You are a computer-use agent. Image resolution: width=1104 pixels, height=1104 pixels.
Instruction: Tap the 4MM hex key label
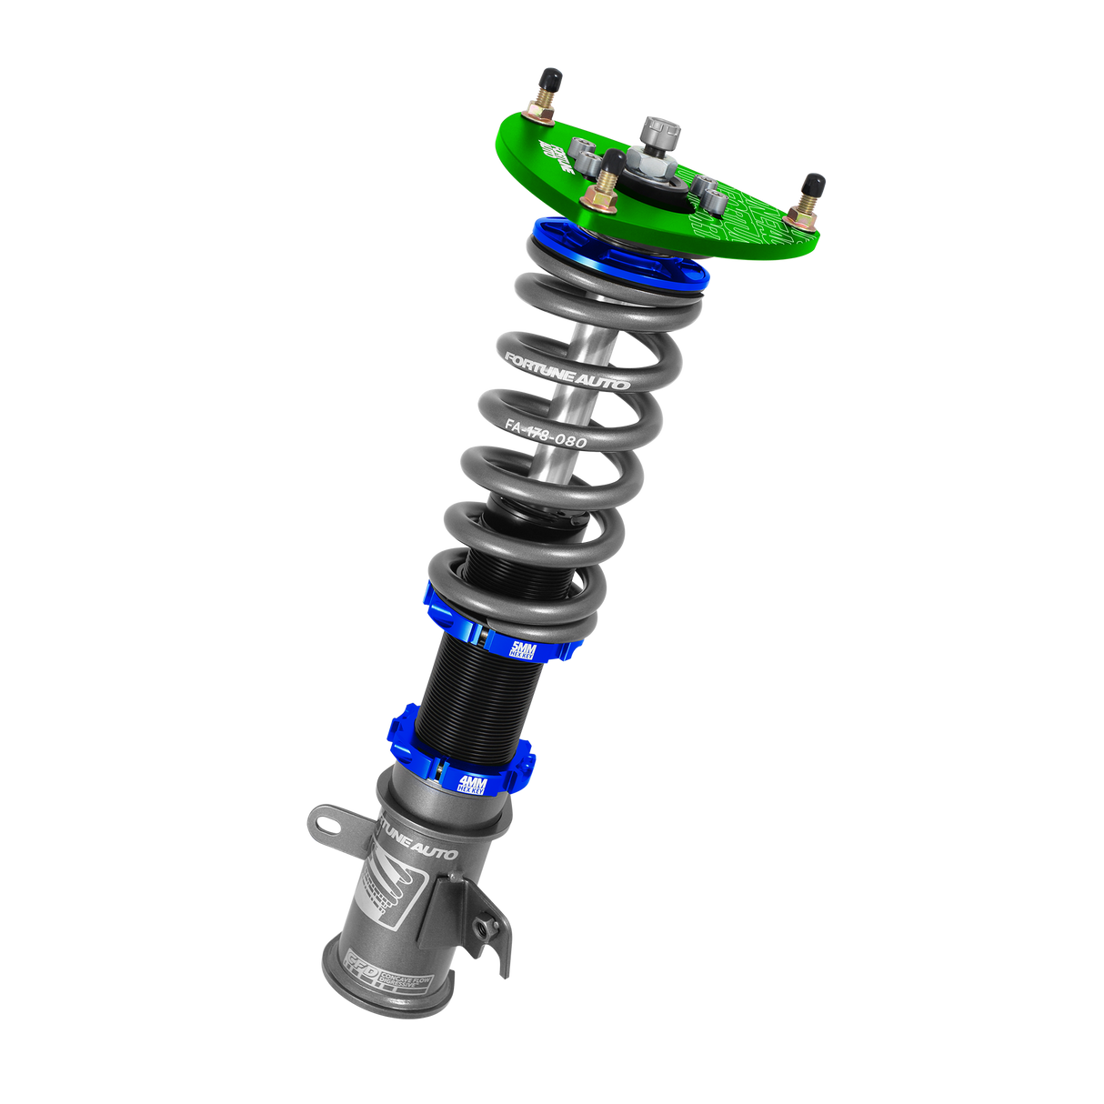click(473, 785)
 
